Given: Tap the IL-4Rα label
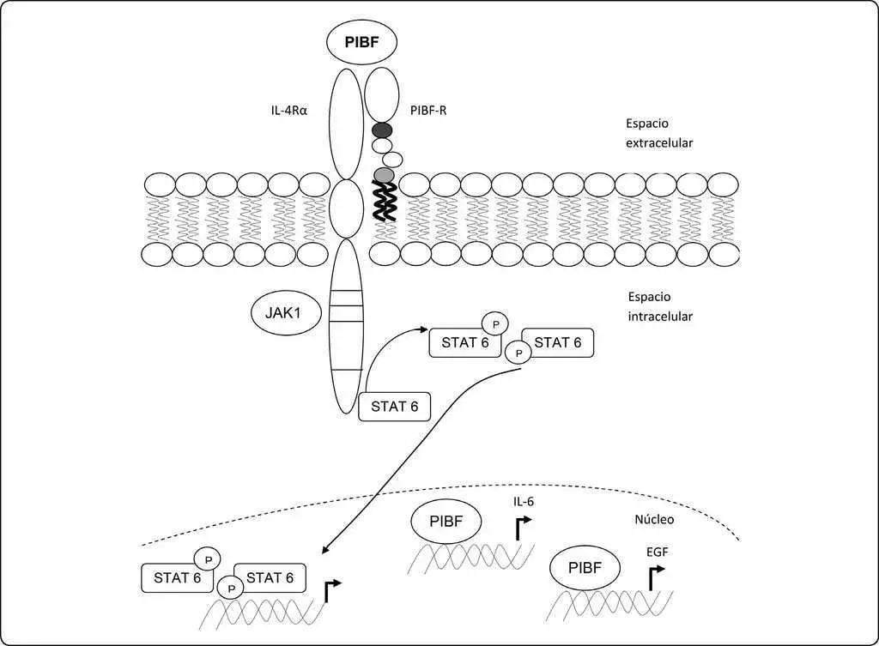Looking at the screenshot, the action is pyautogui.click(x=289, y=111).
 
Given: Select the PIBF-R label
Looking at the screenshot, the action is pyautogui.click(x=428, y=111).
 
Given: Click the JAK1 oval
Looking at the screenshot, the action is pyautogui.click(x=286, y=312).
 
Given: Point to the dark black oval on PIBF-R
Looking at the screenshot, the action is pyautogui.click(x=382, y=130).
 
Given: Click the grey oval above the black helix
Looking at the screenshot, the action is pyautogui.click(x=385, y=175).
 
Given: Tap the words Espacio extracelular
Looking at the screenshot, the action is pyautogui.click(x=659, y=133).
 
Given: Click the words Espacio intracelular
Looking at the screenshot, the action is pyautogui.click(x=660, y=306).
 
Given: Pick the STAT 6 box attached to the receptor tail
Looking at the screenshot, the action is pyautogui.click(x=395, y=406).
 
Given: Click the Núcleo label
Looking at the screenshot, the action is pyautogui.click(x=654, y=519).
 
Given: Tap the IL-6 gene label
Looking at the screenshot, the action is pyautogui.click(x=523, y=502).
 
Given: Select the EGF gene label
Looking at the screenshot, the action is pyautogui.click(x=657, y=552).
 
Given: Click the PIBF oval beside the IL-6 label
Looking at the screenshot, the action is pyautogui.click(x=446, y=522).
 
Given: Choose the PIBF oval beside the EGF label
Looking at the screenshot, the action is pyautogui.click(x=585, y=568).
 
